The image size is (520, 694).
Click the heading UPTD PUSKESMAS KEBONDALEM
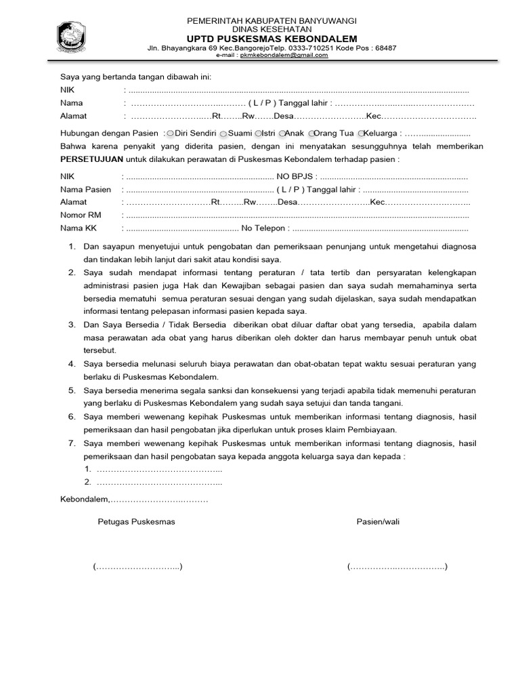point(272,39)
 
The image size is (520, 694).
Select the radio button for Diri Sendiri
point(171,134)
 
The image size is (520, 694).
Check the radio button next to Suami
point(223,134)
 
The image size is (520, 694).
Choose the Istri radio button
point(258,134)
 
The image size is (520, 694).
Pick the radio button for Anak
point(282,134)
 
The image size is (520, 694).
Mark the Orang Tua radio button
point(311,134)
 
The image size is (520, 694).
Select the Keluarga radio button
point(362,134)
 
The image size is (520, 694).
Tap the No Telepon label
point(265,228)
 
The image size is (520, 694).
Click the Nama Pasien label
point(85,190)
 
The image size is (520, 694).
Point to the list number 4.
point(71,364)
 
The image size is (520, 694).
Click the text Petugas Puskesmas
point(136,521)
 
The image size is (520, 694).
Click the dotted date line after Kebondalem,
point(159,500)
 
